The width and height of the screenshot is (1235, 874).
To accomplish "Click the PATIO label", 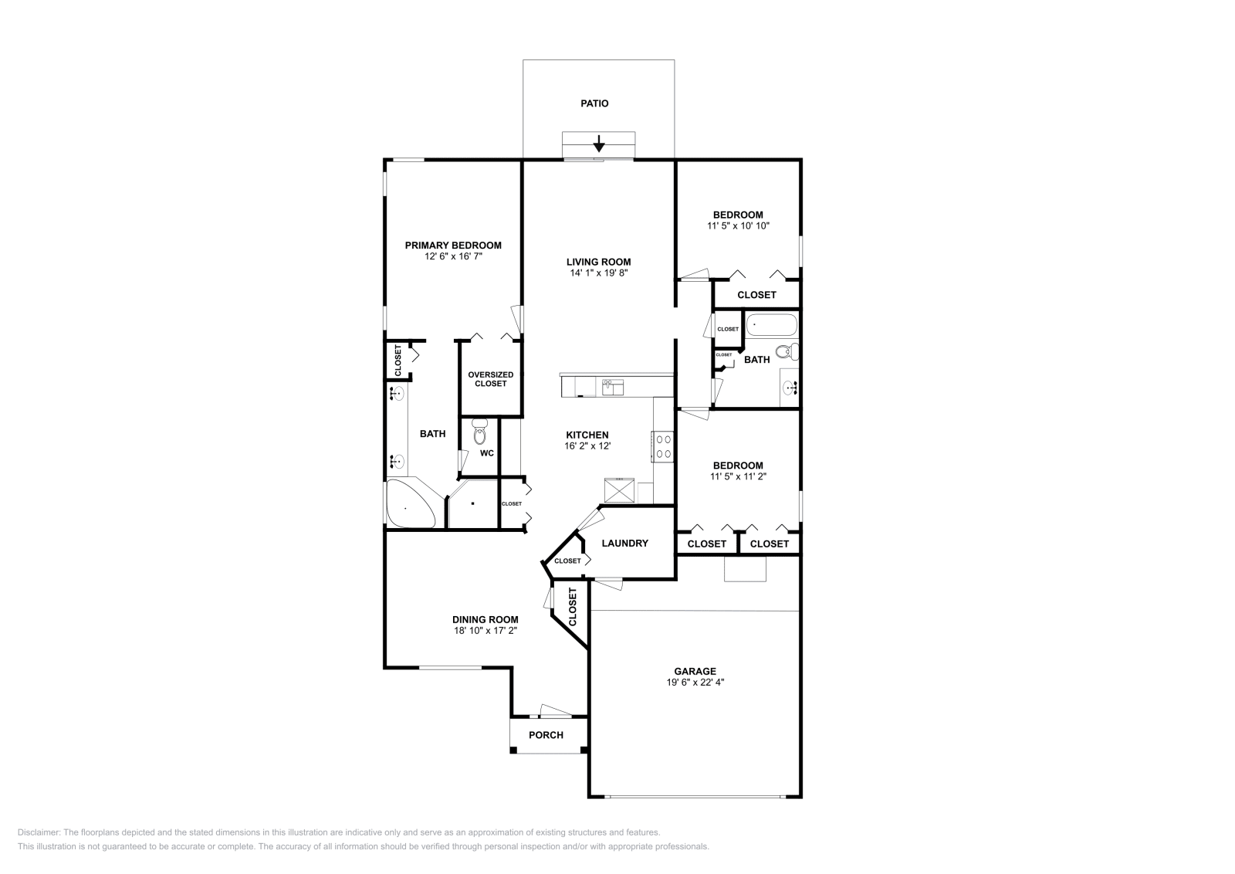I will [x=594, y=103].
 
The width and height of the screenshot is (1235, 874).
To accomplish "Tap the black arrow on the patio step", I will [x=598, y=144].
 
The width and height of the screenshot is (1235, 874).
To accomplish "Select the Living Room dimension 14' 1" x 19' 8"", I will [x=598, y=273].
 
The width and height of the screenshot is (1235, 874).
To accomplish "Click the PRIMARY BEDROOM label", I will [x=453, y=246].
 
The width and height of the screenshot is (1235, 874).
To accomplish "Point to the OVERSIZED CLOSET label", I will [x=490, y=379].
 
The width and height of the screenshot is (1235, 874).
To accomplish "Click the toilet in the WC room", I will [x=479, y=429].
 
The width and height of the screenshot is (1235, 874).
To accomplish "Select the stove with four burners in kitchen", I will [x=663, y=445].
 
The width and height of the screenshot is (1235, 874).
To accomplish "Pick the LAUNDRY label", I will [x=624, y=543].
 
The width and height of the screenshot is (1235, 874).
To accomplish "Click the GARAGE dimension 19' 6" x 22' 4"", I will [x=695, y=683].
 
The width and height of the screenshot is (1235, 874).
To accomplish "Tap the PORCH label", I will [x=546, y=735].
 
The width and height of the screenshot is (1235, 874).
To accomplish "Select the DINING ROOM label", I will [x=485, y=619].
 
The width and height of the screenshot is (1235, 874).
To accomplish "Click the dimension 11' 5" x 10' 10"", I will [x=738, y=226].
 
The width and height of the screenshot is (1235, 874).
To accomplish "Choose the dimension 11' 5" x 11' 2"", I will [x=738, y=476].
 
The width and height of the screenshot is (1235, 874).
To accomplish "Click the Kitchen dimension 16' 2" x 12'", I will [x=587, y=446].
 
